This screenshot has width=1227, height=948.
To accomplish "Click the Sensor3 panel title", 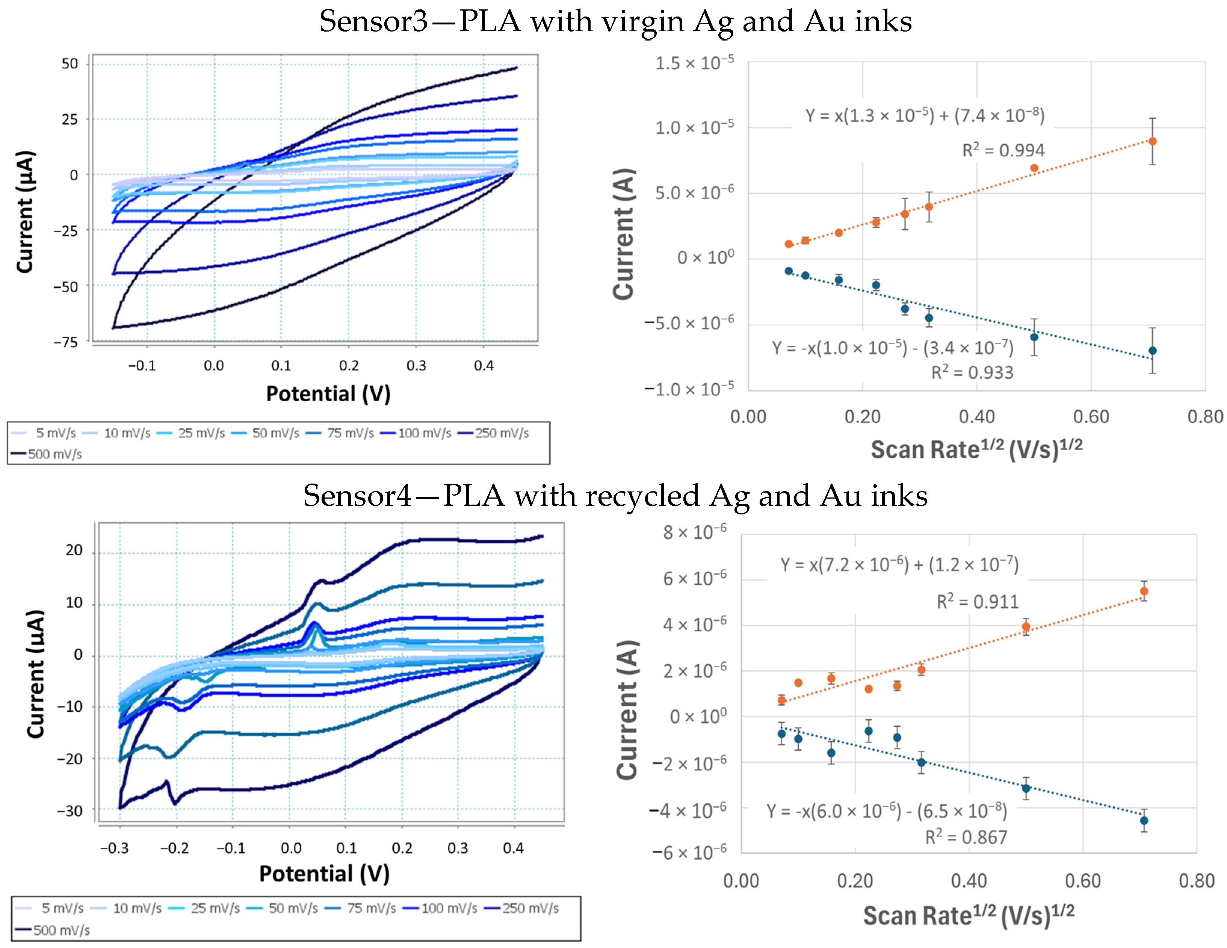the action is (x=615, y=21).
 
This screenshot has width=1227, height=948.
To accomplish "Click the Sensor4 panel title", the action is (x=615, y=496).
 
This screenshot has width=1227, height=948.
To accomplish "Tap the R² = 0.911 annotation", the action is (x=978, y=602).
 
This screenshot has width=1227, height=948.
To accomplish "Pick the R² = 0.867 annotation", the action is (x=966, y=837).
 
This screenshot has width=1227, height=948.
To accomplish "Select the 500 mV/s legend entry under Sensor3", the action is (x=47, y=454).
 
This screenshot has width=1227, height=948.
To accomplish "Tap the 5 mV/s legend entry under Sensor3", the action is (x=44, y=433).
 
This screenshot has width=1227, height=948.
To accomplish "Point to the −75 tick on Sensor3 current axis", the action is (x=66, y=342).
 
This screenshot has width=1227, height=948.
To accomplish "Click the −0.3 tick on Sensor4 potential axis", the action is (x=114, y=848).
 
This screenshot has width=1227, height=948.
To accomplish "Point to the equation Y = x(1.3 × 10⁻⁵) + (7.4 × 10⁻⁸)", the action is (x=925, y=115).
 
